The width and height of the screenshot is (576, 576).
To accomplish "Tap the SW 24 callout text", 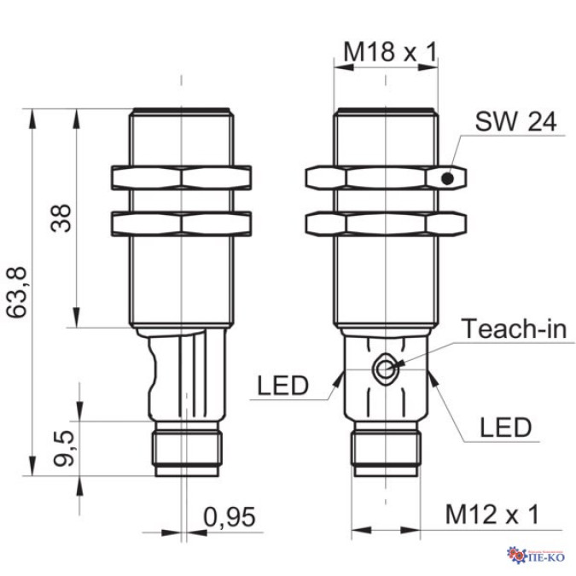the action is click(x=515, y=121).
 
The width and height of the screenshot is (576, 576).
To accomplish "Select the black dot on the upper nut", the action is click(x=447, y=179).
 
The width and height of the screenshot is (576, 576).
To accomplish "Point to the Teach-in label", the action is click(x=514, y=329).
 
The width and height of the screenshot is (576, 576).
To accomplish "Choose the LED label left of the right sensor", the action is click(x=282, y=386).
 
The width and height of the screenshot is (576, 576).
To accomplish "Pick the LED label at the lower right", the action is click(x=506, y=427).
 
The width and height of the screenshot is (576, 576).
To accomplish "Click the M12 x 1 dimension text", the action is click(x=492, y=515).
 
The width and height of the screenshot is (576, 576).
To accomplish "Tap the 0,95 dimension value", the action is click(x=230, y=517).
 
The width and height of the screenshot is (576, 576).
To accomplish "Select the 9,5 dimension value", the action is click(x=64, y=449).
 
